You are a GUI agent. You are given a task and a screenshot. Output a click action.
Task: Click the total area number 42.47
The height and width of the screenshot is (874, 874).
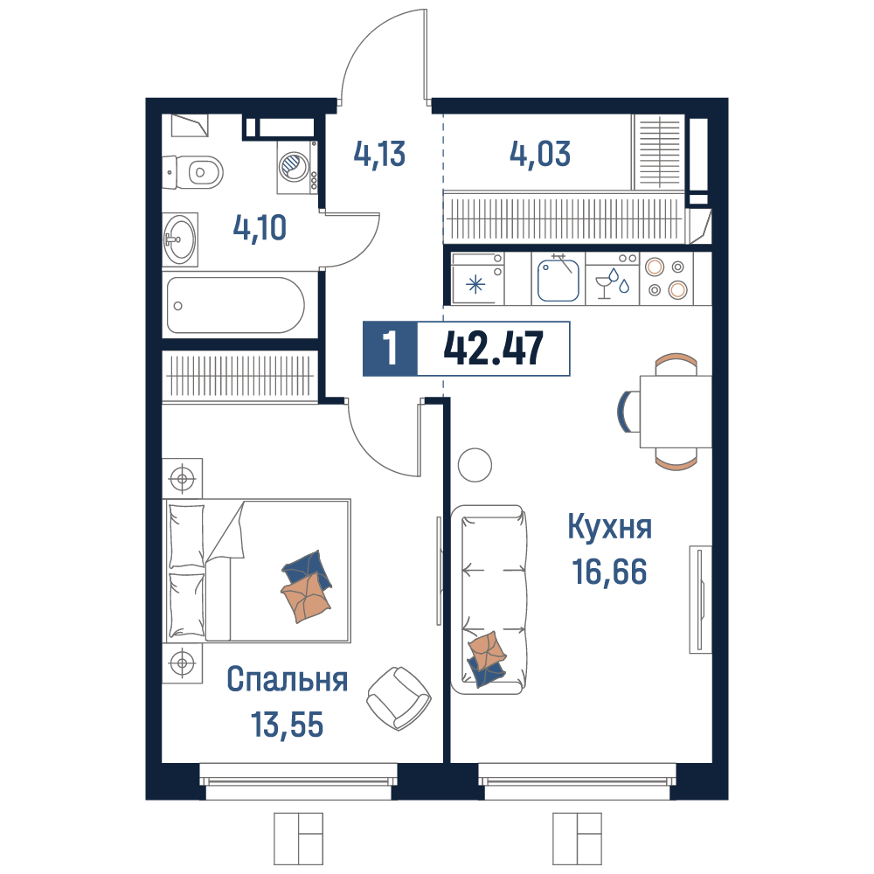(x=493, y=349)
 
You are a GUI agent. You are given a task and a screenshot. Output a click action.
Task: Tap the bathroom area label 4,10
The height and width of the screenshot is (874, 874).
(x=260, y=228)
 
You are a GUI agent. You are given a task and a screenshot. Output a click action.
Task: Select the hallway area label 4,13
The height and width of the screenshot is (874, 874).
(x=379, y=154)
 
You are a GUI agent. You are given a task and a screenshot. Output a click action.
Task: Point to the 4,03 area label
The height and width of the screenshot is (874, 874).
(x=540, y=154)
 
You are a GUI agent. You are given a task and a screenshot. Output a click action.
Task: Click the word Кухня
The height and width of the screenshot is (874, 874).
(x=610, y=527)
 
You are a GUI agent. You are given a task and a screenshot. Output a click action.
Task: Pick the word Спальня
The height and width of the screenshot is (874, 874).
(x=287, y=679)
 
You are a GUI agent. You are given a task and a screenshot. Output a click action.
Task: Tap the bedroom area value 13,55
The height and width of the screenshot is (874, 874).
(x=287, y=725)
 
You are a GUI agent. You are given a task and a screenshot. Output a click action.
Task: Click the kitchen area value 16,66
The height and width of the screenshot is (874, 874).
(x=610, y=572)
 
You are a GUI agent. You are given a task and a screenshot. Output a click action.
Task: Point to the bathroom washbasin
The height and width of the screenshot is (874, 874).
(x=179, y=239)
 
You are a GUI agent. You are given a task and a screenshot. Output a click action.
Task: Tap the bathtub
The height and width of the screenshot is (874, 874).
(x=236, y=305)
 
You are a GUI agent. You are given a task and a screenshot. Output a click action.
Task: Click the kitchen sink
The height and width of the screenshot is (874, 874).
(x=558, y=280)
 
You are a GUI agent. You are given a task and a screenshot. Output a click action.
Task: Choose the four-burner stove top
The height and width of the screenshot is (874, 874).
(x=666, y=279)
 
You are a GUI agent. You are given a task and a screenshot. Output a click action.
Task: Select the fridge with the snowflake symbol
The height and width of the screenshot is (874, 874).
(x=477, y=279)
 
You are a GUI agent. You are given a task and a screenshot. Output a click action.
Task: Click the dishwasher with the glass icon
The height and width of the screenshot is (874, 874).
(x=612, y=279)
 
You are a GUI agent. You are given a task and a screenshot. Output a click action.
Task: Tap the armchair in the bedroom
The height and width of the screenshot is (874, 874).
(x=399, y=698)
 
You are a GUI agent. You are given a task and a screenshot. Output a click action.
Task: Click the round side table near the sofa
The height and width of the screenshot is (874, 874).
(x=475, y=465)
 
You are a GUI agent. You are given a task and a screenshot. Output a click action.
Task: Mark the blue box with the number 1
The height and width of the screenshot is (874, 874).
(x=390, y=349)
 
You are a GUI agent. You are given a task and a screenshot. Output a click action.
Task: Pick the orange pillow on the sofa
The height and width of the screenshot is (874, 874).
(x=487, y=650)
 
